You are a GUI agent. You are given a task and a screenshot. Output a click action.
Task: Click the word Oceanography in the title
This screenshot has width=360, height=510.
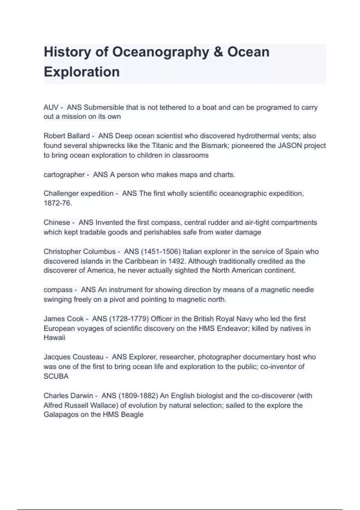coord(160,52)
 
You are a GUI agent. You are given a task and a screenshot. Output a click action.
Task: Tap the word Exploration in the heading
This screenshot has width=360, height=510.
coord(82,72)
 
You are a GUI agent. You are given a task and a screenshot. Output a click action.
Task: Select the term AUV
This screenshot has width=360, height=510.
coord(51,107)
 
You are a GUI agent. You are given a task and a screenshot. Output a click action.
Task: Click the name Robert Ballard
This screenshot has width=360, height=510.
coord(67,136)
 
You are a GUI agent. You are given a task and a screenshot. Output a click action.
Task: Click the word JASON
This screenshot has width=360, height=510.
coord(290,145)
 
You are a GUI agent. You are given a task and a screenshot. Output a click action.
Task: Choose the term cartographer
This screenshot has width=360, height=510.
coord(64,175)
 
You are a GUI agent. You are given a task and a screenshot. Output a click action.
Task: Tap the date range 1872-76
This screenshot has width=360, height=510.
coord(58,203)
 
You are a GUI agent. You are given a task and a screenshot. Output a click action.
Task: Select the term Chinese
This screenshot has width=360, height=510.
coord(57,223)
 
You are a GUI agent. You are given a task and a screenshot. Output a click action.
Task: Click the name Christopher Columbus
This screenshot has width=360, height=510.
coord(79,251)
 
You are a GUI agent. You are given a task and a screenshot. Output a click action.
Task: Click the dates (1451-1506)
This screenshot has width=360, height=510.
coord(160,251)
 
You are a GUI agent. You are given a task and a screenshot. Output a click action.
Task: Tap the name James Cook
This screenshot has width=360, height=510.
coord(64,319)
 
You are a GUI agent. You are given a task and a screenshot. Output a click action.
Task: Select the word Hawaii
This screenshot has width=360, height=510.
coord(54,337)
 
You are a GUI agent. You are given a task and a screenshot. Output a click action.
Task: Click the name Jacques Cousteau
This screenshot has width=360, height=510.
coord(73,357)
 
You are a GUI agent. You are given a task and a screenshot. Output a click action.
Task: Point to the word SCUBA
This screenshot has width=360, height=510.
coord(56,376)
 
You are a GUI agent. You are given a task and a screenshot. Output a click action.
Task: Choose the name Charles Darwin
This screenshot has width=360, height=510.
coord(68,396)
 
